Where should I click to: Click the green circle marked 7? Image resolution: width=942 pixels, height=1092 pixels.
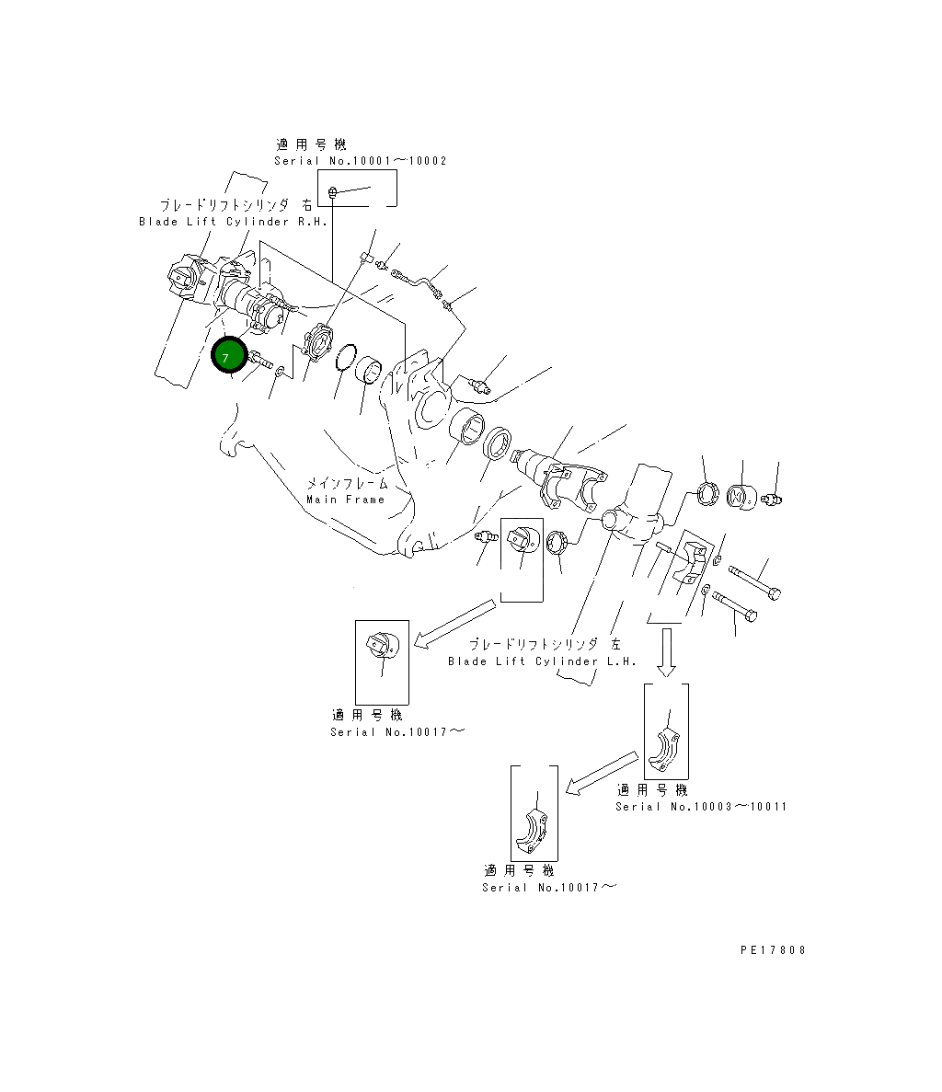pyautogui.click(x=228, y=356)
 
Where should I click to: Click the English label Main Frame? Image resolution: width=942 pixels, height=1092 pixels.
pyautogui.click(x=346, y=500)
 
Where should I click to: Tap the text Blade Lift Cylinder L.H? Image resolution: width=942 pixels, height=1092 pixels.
pyautogui.click(x=542, y=661)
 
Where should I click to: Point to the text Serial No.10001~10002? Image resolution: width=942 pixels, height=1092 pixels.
pyautogui.click(x=360, y=161)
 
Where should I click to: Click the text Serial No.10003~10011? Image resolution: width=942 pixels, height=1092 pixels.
pyautogui.click(x=701, y=807)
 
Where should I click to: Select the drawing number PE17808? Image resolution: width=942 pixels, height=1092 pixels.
pyautogui.click(x=772, y=950)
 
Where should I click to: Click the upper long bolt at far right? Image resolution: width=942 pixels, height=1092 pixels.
pyautogui.click(x=755, y=581)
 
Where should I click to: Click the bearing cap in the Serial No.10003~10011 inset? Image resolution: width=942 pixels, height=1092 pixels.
pyautogui.click(x=665, y=751)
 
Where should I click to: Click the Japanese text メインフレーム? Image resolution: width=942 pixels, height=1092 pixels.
pyautogui.click(x=347, y=483)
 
